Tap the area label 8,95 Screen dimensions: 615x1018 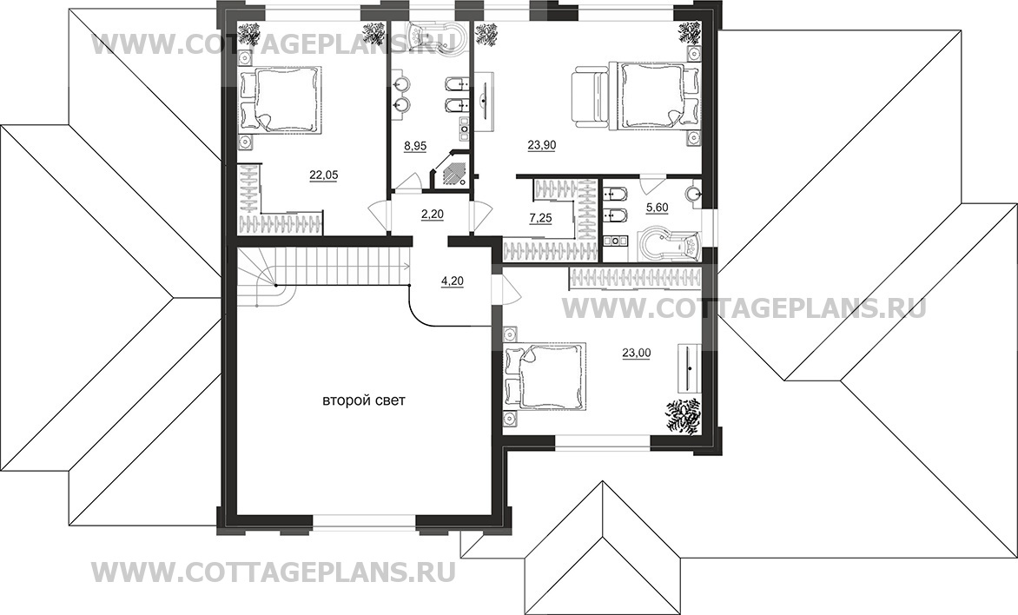pyautogui.click(x=415, y=148)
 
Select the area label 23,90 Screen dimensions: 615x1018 pyautogui.click(x=542, y=147)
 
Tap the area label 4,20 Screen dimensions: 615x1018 pyautogui.click(x=453, y=281)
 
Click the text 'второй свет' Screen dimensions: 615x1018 pyautogui.click(x=364, y=401)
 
